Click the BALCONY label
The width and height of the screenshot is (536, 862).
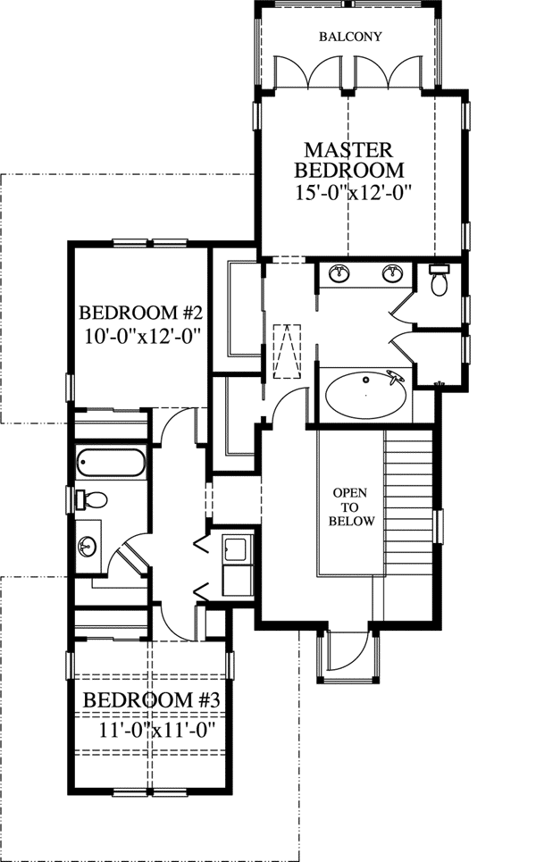[350, 37]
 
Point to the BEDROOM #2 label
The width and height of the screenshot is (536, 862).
[142, 314]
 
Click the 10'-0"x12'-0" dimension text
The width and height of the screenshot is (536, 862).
[142, 337]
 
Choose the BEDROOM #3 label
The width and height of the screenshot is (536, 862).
[152, 700]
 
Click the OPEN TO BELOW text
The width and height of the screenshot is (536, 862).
[351, 506]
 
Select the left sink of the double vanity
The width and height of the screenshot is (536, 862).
[339, 273]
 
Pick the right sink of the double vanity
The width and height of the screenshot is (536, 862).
[391, 273]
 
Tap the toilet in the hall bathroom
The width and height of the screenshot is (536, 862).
[92, 498]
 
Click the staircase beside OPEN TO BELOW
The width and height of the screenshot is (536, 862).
[407, 509]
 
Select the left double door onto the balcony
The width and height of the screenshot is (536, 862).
[309, 72]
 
